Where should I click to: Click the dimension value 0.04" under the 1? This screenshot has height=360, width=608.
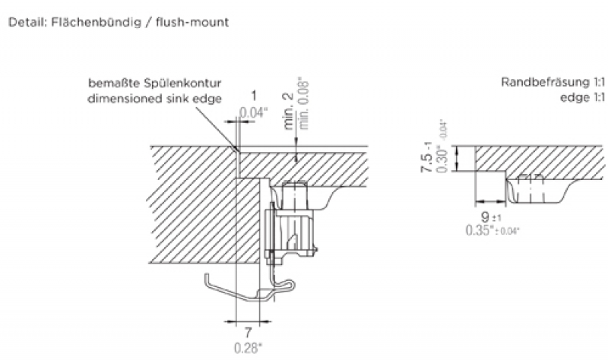pos(254,114)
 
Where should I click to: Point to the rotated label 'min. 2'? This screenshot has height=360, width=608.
pos(289,109)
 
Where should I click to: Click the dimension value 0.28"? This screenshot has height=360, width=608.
pos(248,349)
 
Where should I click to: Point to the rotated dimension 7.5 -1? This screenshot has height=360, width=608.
pos(428,156)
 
